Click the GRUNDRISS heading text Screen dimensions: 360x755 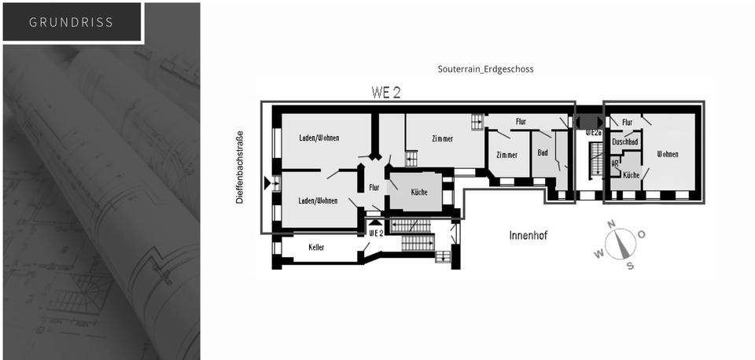coord(71,22)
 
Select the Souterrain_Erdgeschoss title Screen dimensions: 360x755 coord(485,69)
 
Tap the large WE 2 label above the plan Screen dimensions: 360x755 coord(385,93)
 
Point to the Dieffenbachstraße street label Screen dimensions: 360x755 coord(240,167)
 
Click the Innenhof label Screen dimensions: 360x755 coord(528,235)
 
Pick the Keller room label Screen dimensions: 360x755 coord(316,248)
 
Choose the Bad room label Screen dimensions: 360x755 coord(543,152)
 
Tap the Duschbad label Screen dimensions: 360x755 coord(625,141)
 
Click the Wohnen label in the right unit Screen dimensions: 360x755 coord(668,154)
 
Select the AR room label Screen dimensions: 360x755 coord(615,163)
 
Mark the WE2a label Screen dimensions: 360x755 coord(594,133)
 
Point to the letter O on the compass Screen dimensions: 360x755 coord(641,234)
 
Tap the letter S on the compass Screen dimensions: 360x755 coord(630,265)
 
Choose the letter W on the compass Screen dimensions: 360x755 coord(598,253)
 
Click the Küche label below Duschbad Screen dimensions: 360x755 coord(631,175)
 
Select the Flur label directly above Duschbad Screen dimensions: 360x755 coord(627,123)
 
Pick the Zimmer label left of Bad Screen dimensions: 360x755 coord(507,155)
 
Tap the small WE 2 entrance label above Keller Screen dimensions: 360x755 coord(376,233)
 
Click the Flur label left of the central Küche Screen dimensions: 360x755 coord(374,188)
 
